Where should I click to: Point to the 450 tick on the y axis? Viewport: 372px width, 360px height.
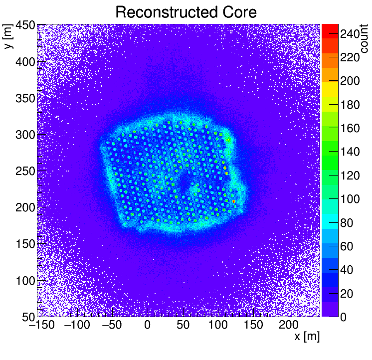(x=24, y=26)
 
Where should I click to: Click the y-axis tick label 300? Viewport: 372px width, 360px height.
(x=24, y=135)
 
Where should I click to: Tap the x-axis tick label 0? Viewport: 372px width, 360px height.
(x=148, y=325)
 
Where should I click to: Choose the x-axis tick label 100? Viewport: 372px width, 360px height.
(x=218, y=325)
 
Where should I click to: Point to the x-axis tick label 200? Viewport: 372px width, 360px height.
(x=289, y=325)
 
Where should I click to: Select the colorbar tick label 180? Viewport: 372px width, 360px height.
(x=350, y=105)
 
